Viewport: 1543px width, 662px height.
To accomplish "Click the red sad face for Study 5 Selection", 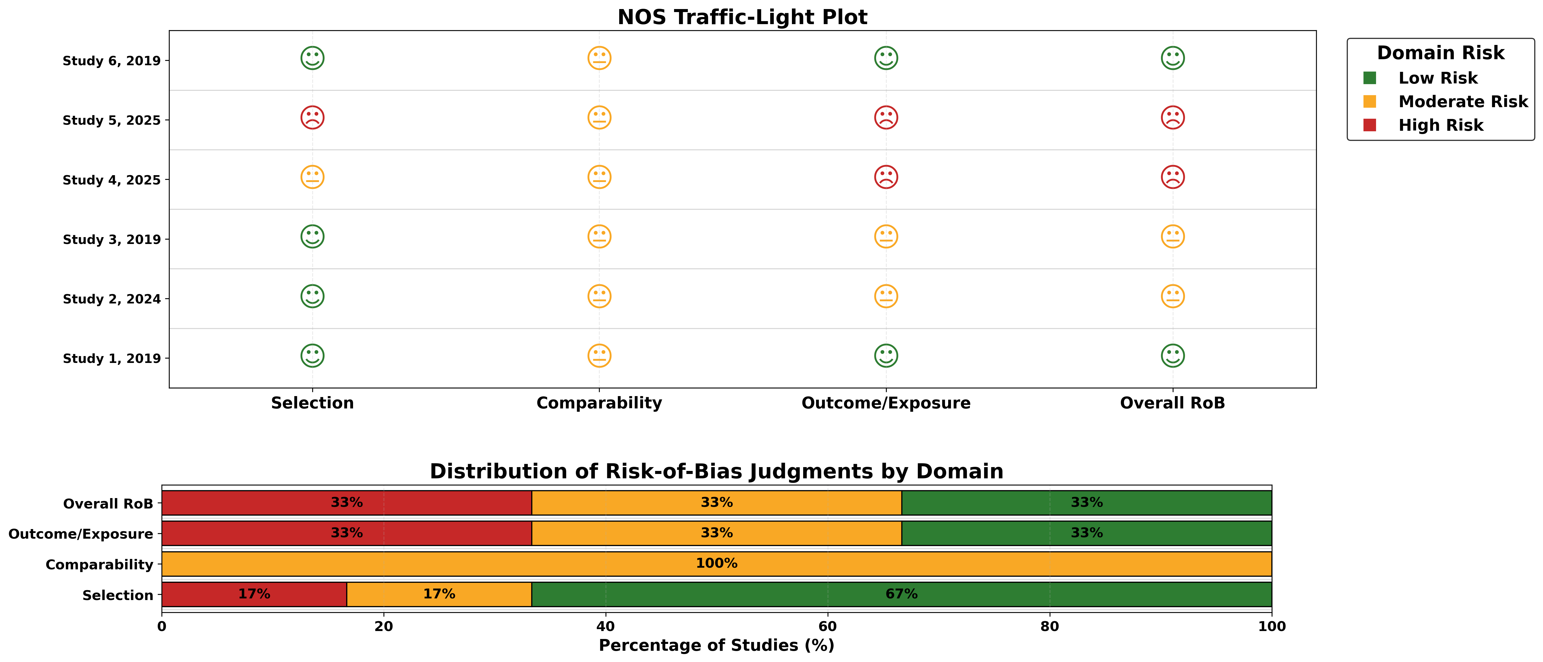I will coord(312,117).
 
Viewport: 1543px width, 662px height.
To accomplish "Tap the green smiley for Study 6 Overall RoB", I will coord(1172,58).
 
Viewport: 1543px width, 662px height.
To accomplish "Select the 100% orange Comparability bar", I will coord(716,564).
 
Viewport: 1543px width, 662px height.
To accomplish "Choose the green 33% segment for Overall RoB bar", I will coord(1086,503).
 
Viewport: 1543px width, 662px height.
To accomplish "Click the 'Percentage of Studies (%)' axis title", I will coord(716,645).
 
